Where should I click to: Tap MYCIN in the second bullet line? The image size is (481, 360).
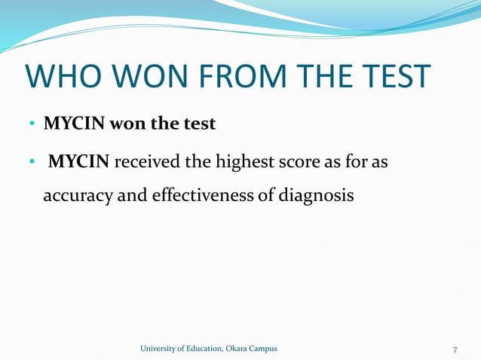pos(79,160)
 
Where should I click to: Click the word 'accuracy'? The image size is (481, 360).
pos(75,195)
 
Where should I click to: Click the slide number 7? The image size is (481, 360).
pos(455,349)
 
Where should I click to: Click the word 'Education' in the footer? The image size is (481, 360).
pos(201,348)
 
